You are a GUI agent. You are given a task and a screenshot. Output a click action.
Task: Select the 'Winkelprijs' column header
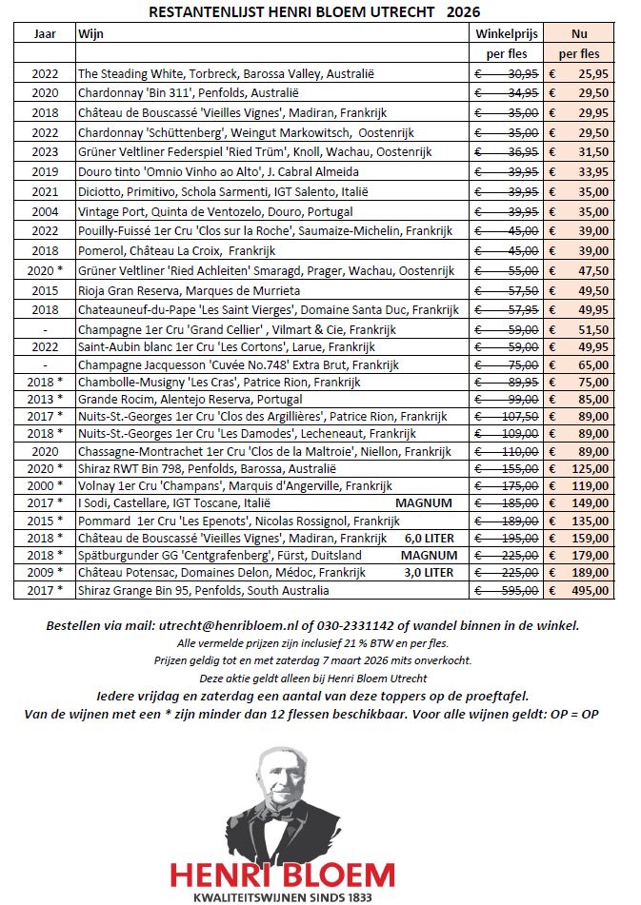507,33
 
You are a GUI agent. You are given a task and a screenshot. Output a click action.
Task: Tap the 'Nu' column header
579,33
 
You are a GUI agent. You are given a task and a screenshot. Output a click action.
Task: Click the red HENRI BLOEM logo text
282,874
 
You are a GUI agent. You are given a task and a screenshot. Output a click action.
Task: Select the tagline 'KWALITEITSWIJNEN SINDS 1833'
282,896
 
